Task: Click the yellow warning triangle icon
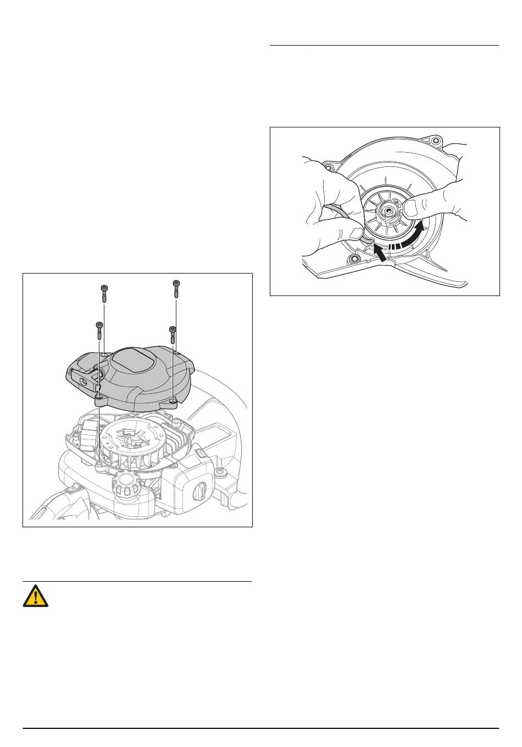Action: pos(36,596)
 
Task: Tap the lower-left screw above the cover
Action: pos(99,331)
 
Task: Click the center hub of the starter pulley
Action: pos(392,209)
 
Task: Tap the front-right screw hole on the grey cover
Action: pos(174,402)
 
